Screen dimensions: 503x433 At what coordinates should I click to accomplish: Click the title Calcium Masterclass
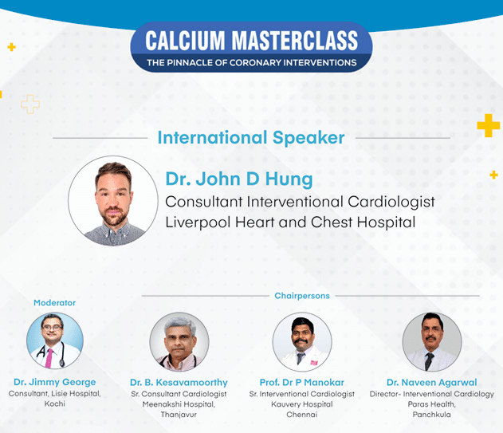[252, 41]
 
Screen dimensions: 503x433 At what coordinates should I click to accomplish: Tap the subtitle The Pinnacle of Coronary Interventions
[252, 62]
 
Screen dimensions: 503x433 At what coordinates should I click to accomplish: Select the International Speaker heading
[251, 138]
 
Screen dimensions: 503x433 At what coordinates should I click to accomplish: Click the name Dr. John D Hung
[239, 179]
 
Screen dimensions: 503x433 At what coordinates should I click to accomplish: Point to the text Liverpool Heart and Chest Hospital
[290, 222]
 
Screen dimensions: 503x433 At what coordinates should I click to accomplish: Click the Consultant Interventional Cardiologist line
[300, 202]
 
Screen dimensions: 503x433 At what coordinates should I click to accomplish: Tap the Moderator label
[54, 303]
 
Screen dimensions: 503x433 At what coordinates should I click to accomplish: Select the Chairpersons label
[302, 296]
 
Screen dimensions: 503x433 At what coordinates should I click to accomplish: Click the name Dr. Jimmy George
[54, 382]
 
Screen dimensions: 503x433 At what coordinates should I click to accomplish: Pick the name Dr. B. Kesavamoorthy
[179, 382]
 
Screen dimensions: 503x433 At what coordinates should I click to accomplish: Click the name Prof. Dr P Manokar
[302, 382]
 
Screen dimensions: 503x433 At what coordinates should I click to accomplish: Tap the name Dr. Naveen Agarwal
[432, 382]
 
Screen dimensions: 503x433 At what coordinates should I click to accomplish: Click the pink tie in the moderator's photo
[49, 358]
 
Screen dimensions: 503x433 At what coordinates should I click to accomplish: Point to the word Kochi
[54, 403]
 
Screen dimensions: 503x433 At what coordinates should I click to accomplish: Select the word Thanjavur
[179, 415]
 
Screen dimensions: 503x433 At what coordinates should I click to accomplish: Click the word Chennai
[302, 415]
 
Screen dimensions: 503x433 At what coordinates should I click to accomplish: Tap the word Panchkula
[432, 415]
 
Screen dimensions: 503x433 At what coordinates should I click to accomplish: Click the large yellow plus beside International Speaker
[488, 125]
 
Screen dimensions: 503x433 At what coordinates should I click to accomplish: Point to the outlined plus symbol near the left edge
[30, 104]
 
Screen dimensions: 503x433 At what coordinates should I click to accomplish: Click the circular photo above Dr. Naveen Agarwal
[432, 342]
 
